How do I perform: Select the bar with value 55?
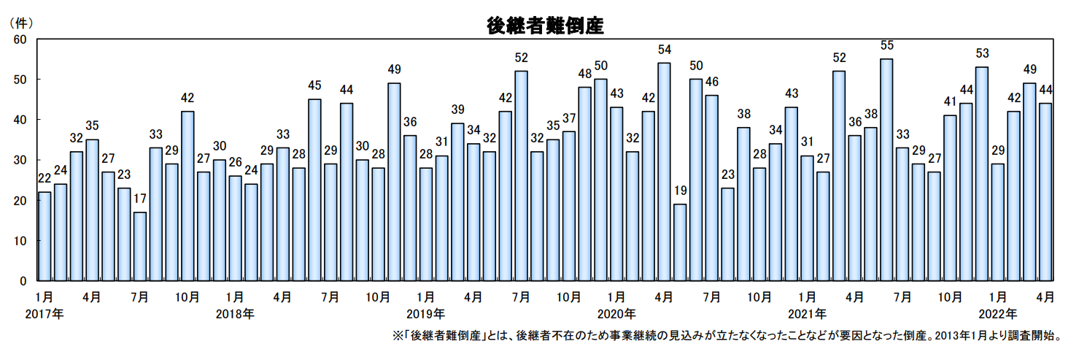(x=886, y=169)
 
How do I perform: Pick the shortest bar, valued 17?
(x=139, y=246)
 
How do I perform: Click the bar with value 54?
(x=664, y=172)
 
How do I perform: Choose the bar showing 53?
(x=981, y=174)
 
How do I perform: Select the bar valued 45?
(x=314, y=190)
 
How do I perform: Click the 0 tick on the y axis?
(x=23, y=281)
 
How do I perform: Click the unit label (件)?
(x=21, y=22)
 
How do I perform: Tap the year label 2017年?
(x=45, y=314)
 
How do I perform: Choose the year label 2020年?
(x=616, y=314)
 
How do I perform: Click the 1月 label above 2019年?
(x=425, y=297)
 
